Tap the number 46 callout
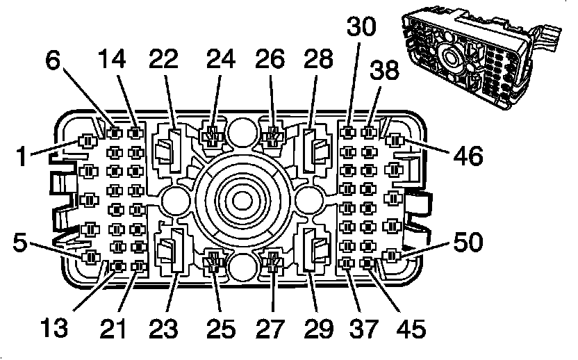pyautogui.click(x=466, y=156)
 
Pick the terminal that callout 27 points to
pyautogui.click(x=272, y=263)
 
